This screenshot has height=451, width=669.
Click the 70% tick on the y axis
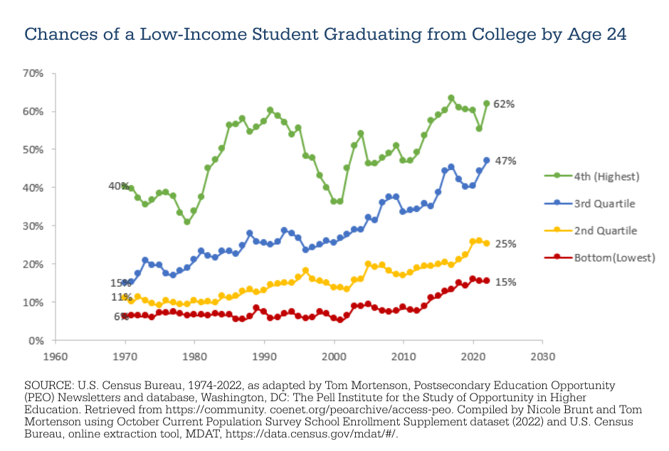pos(33,73)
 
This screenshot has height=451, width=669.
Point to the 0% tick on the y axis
pos(36,341)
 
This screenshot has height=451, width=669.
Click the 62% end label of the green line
pos(504,104)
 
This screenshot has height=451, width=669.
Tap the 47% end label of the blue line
pos(505,161)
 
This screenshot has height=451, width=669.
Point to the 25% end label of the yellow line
pos(505,244)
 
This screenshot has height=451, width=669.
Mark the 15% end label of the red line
pos(505,282)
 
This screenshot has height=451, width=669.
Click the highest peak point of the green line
pos(451,98)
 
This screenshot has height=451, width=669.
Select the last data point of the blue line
pos(487,160)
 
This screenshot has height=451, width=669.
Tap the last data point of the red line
pos(487,281)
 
